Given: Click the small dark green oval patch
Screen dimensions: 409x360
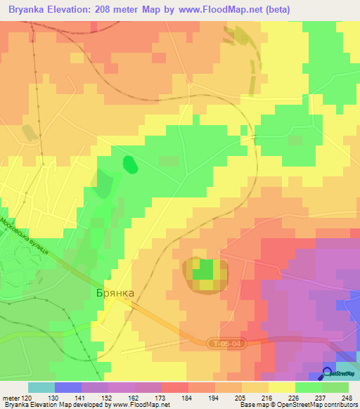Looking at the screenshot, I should click(x=130, y=164).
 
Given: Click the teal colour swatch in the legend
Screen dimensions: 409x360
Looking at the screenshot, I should click(x=41, y=387).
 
